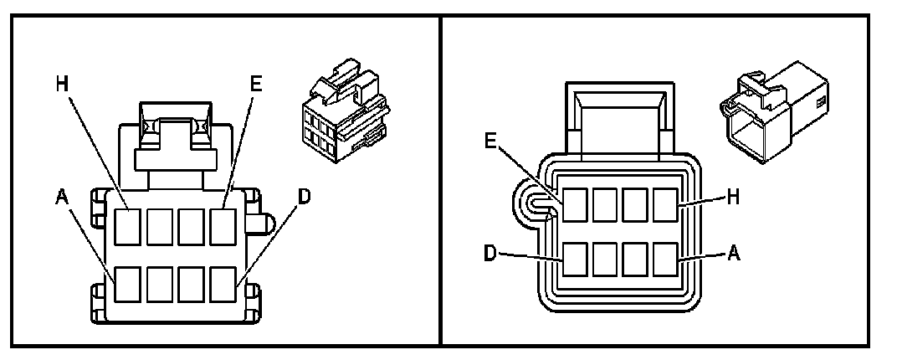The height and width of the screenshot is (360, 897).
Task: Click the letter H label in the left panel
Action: [x=61, y=84]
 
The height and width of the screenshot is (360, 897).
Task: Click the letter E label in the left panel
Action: [x=256, y=84]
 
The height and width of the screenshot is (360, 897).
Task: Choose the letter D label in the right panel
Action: [x=492, y=251]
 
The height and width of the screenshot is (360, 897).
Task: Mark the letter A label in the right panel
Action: [x=733, y=251]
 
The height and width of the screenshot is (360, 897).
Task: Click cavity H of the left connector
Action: [x=128, y=226]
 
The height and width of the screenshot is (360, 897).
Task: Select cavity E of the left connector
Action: [x=222, y=226]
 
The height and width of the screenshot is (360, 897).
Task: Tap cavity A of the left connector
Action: [x=128, y=284]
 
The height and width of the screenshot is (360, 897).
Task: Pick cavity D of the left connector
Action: [x=222, y=284]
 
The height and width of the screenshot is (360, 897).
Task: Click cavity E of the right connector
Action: [x=575, y=204]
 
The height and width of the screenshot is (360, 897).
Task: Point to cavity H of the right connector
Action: [x=665, y=204]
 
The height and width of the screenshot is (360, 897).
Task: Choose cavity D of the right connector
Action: [x=575, y=260]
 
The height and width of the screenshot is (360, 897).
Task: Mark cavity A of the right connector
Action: [x=665, y=260]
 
